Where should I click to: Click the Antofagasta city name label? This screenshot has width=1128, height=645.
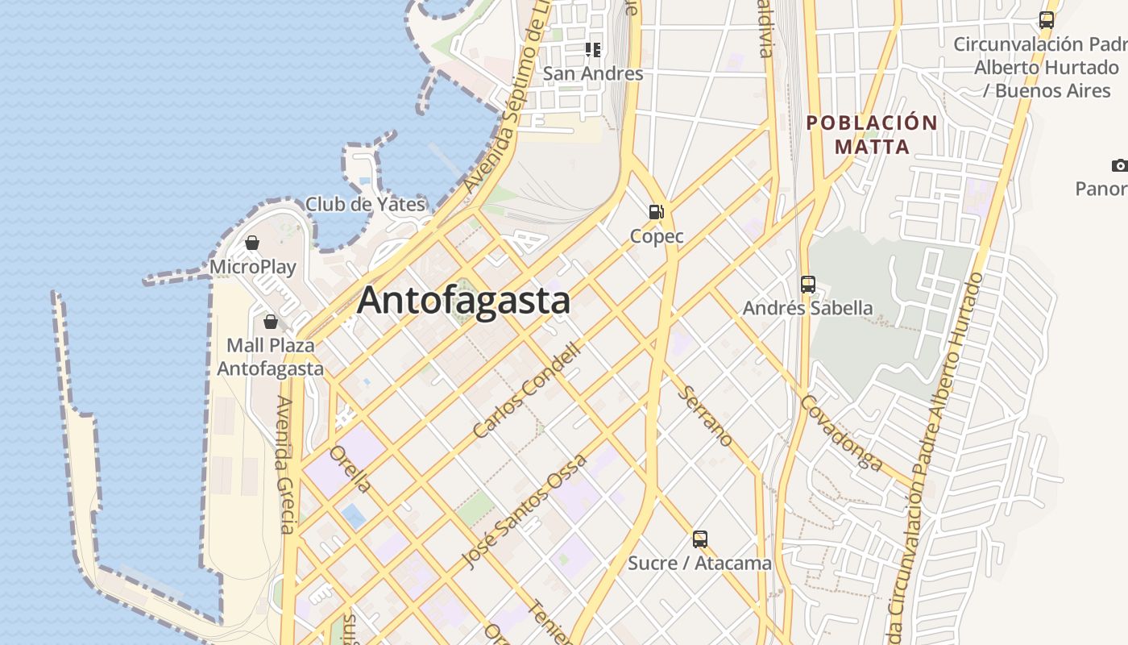point(463,301)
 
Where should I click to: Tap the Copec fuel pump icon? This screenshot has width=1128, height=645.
point(657,212)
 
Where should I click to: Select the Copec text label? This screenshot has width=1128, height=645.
point(657,236)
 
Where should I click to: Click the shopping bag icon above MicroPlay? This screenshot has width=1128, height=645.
point(252,243)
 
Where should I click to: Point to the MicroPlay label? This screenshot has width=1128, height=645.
point(253,267)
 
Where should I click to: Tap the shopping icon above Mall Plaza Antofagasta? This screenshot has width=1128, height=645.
point(271,322)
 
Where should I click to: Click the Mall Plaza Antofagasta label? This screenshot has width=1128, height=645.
point(271,357)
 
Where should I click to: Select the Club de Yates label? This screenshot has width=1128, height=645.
point(365,204)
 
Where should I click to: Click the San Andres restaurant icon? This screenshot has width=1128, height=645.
point(594,50)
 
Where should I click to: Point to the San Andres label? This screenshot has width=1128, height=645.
point(593,73)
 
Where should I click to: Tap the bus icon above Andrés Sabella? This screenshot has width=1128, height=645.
point(808,285)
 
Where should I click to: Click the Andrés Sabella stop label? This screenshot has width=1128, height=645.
point(807,308)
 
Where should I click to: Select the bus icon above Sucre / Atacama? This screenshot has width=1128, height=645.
point(700,539)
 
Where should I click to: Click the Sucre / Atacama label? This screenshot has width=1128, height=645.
point(699,563)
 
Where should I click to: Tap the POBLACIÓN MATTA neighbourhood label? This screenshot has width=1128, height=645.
point(873,135)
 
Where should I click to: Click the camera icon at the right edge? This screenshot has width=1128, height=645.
point(1120,166)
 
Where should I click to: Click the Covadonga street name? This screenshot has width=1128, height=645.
point(842,432)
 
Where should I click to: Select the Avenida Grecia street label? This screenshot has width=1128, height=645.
point(285,464)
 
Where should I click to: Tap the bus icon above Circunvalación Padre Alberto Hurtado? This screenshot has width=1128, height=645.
point(1047,20)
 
